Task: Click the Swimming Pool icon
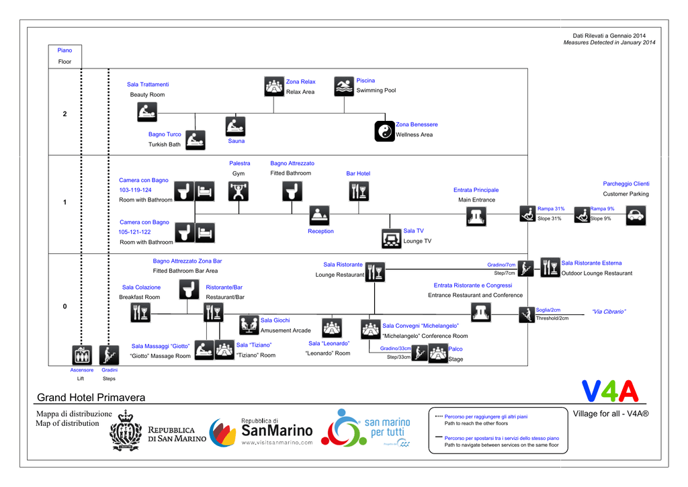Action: click(x=344, y=86)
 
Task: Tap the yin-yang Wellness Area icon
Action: click(x=384, y=131)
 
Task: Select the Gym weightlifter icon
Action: click(x=238, y=191)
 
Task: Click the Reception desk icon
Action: click(x=319, y=216)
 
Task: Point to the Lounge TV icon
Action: click(x=391, y=238)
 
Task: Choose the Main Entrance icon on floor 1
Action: click(x=476, y=216)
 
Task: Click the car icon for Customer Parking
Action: click(x=636, y=215)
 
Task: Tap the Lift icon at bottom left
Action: click(x=82, y=354)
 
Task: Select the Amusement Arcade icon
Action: click(x=249, y=325)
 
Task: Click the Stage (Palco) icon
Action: click(x=438, y=353)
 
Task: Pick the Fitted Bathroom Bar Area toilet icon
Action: click(x=189, y=290)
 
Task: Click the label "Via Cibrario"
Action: click(x=609, y=312)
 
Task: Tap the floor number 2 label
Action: click(x=65, y=114)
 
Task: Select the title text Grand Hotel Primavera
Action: click(x=91, y=398)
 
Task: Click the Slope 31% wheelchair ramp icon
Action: click(x=527, y=214)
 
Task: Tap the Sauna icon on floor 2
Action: click(x=235, y=126)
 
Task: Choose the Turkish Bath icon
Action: click(x=195, y=140)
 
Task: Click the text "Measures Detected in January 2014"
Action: click(x=609, y=43)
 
